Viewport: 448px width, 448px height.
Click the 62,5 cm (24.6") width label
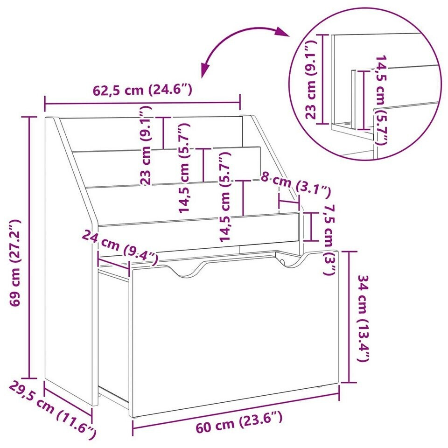142,90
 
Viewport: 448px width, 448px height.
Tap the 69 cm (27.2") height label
15,263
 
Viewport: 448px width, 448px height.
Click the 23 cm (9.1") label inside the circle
311,79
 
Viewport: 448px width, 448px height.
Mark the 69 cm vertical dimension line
29,247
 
